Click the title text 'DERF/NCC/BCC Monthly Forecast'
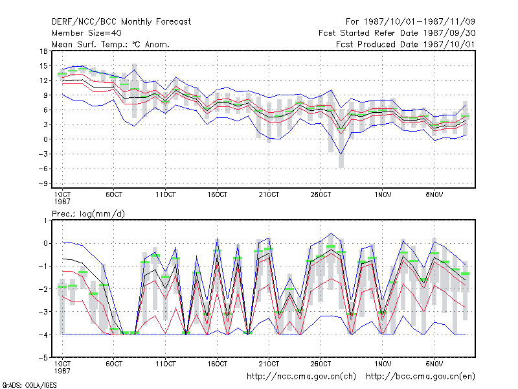tap(121, 22)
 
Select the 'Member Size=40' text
tap(87, 33)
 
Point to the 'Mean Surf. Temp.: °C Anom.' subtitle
tap(110, 44)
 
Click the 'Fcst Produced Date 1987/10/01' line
tap(405, 44)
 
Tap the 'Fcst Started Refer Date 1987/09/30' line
tap(397, 33)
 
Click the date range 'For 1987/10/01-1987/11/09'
tap(411, 22)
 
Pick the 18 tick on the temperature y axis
tap(43, 51)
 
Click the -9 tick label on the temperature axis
tap(43, 183)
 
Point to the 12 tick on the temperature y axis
tap(43, 80)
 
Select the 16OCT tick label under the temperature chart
tap(217, 195)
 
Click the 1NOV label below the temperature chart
tap(383, 195)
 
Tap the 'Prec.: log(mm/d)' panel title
tap(88, 214)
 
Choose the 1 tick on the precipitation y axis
tap(45, 220)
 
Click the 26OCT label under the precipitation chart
tap(321, 364)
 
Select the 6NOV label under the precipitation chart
tap(434, 364)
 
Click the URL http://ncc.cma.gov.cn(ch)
tap(301, 377)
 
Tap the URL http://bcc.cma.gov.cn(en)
tap(420, 377)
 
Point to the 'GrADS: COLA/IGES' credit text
tap(29, 385)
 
